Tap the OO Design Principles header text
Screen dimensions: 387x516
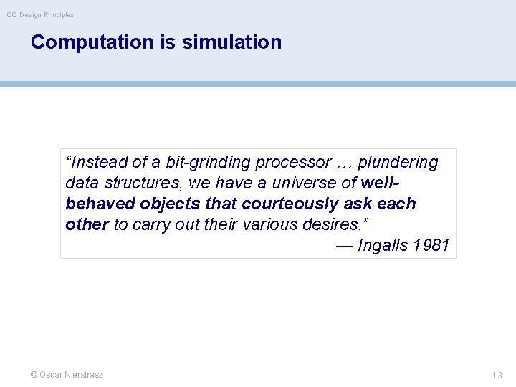tap(40, 14)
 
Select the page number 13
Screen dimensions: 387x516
tap(497, 375)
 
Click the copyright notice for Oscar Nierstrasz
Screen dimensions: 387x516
tap(67, 375)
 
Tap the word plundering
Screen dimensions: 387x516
tap(398, 163)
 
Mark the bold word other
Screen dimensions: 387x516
tap(87, 224)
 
